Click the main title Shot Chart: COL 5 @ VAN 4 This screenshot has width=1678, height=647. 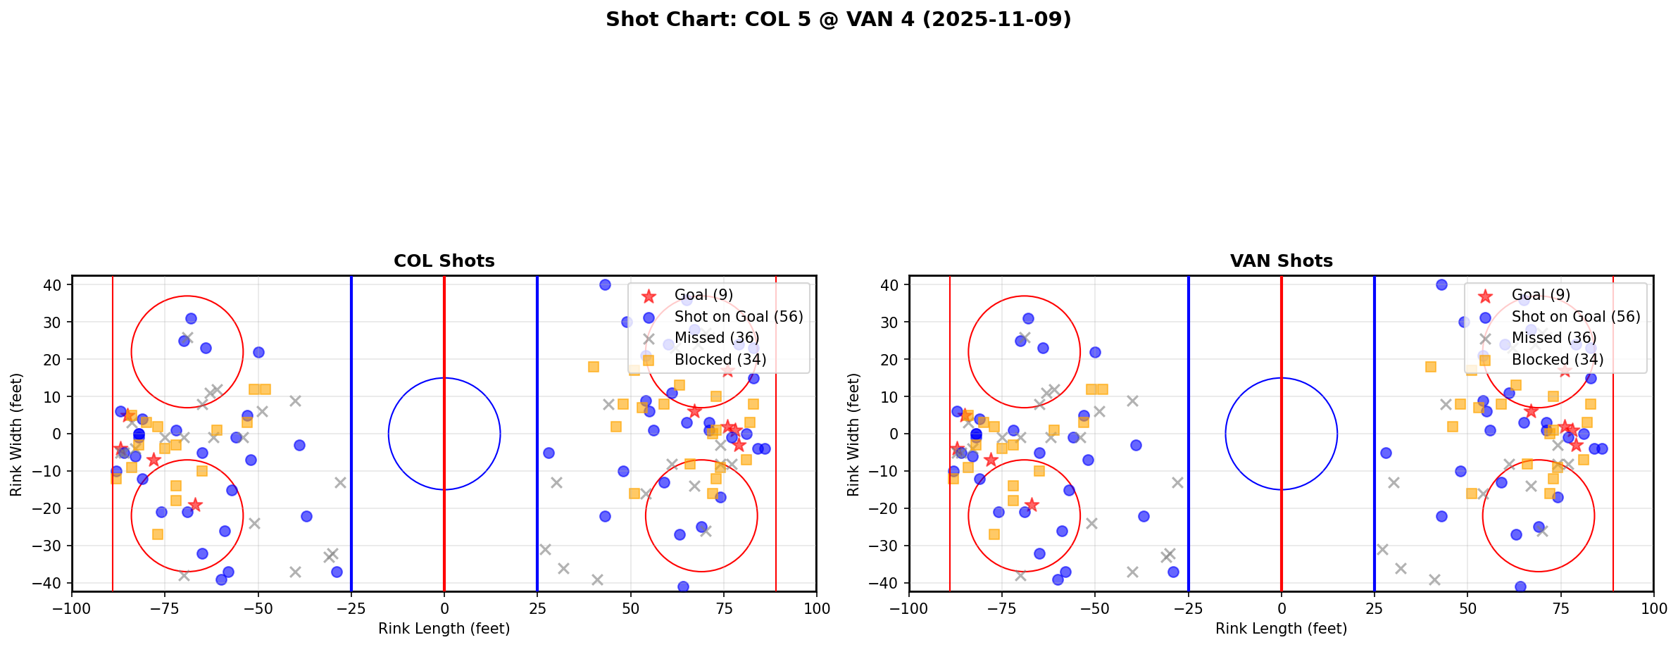838,19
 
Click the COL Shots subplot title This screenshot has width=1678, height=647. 444,261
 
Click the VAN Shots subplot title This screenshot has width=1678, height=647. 1281,261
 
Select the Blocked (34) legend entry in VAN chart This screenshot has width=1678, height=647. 1557,360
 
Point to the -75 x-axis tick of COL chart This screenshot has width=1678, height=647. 165,608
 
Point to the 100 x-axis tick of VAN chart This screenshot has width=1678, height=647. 1653,608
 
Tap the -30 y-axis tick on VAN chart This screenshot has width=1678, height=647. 889,546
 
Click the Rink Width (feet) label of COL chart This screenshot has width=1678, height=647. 16,434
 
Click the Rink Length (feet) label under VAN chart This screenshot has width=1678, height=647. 1281,629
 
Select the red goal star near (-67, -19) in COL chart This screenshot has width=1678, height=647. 195,505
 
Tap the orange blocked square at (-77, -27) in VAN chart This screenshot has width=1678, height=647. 994,534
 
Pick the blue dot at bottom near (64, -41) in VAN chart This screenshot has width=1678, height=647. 1520,586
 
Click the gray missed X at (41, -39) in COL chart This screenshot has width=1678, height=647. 597,579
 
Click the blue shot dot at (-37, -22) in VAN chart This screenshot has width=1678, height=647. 1144,516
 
